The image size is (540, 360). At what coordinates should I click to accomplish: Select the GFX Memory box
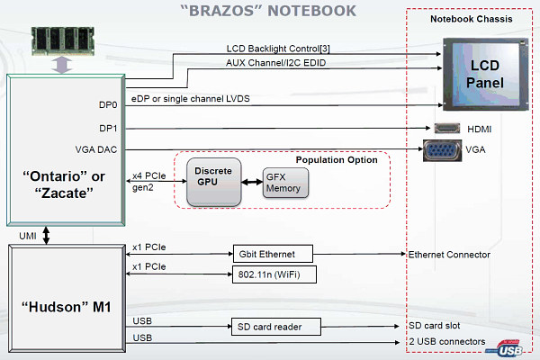pyautogui.click(x=284, y=183)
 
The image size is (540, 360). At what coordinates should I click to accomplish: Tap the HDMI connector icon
pyautogui.click(x=448, y=129)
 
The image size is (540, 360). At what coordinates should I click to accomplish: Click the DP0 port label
pyautogui.click(x=108, y=105)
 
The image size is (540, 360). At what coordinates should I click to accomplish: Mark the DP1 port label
pyautogui.click(x=108, y=128)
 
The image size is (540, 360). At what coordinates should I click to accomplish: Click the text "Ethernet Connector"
pyautogui.click(x=449, y=255)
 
